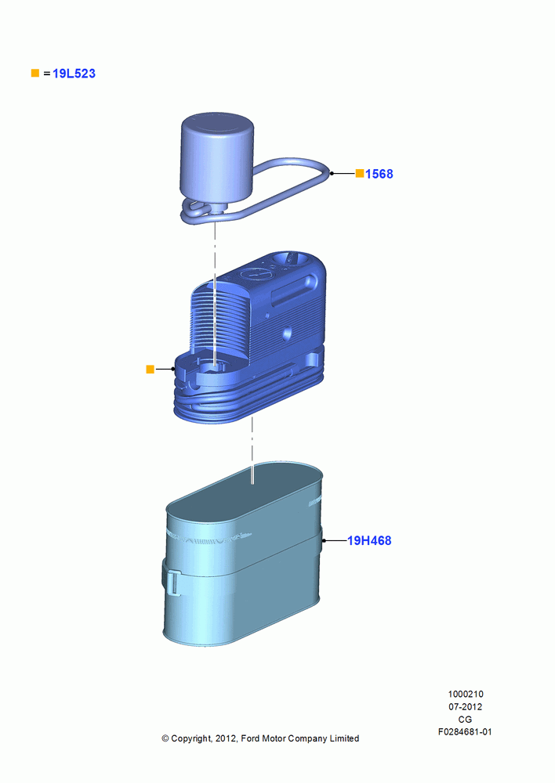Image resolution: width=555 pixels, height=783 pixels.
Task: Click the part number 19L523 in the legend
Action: coord(74,74)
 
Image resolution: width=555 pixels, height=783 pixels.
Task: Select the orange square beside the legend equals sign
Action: coord(35,73)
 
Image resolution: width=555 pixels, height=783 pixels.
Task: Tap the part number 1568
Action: coord(379,174)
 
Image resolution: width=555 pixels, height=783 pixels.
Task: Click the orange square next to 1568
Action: coord(360,173)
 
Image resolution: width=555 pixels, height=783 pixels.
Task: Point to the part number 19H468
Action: coord(369,540)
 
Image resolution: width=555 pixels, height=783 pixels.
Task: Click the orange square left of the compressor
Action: coord(150,369)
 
